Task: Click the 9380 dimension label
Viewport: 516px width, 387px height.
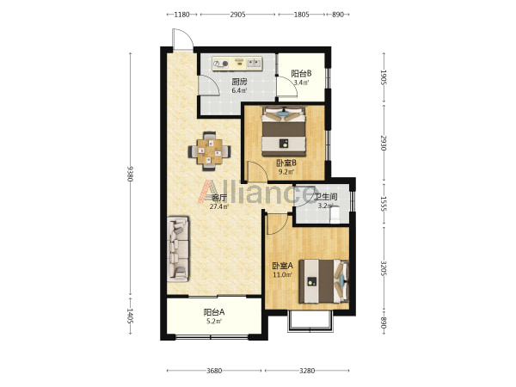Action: click(130, 174)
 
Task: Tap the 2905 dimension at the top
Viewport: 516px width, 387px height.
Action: click(237, 15)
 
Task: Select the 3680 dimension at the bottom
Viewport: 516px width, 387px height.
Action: click(214, 371)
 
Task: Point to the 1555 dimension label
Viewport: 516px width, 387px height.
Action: click(384, 204)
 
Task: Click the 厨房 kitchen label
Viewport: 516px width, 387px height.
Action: click(239, 82)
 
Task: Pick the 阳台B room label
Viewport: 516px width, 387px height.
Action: click(302, 73)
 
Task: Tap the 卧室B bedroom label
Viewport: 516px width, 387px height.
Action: click(286, 163)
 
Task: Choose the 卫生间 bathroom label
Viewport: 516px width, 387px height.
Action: click(325, 197)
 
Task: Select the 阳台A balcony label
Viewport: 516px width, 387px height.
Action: click(214, 312)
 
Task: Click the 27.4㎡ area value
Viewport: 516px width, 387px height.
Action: click(219, 206)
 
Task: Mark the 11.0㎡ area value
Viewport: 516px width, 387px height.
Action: click(283, 274)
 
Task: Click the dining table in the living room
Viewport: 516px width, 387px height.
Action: click(209, 151)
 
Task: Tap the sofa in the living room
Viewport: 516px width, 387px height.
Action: click(178, 249)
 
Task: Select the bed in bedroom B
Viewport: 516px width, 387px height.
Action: click(284, 132)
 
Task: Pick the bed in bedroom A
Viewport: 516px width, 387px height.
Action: click(324, 281)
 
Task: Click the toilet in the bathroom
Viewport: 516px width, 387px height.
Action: click(335, 214)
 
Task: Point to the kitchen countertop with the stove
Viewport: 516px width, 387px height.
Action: click(237, 63)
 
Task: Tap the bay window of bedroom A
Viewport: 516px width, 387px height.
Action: click(310, 321)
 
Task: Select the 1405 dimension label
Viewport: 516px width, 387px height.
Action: click(130, 316)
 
